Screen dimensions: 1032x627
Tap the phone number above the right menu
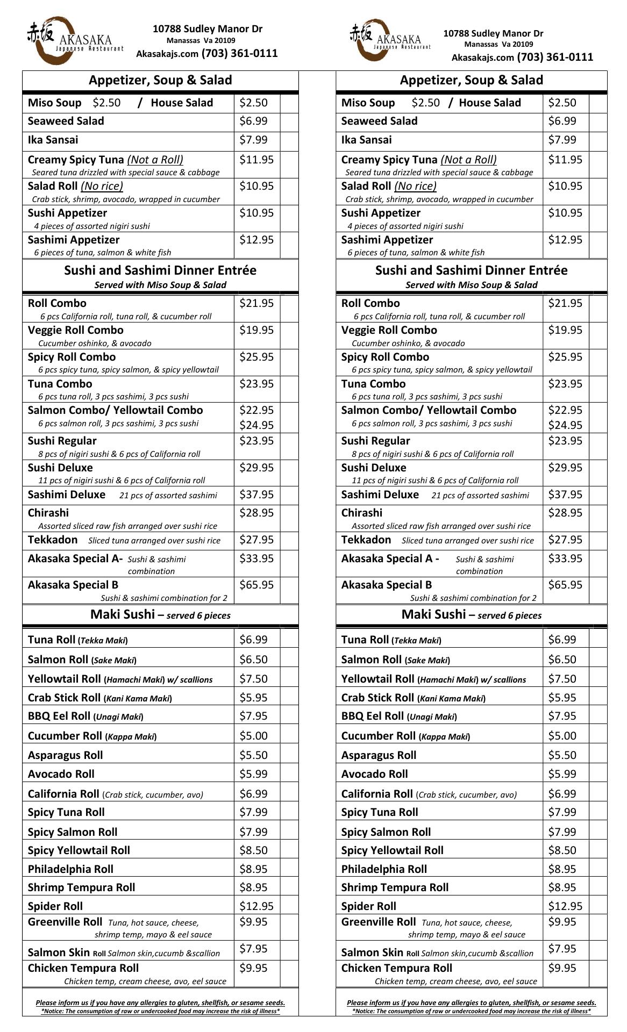coord(555,57)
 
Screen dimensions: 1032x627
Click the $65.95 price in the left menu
coord(256,585)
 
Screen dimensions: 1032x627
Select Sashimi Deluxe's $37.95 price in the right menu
coord(565,494)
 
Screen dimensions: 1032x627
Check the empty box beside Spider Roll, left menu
coord(289,906)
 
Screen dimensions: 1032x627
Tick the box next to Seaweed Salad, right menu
coord(598,121)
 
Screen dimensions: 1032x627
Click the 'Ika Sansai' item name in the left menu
coord(53,140)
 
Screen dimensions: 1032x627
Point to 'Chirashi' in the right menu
coord(362,513)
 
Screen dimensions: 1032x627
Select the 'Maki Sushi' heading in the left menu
coord(122,614)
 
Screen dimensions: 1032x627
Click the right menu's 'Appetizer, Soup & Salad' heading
coord(471,80)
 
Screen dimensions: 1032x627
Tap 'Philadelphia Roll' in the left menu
coord(70,869)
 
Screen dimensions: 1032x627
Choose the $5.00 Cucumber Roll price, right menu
coord(562,736)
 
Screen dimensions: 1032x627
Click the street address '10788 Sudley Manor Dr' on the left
coord(208,29)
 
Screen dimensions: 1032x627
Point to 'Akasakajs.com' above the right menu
coord(482,58)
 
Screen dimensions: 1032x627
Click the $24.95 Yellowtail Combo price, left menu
coord(256,425)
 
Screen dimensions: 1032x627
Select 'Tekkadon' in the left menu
coord(53,540)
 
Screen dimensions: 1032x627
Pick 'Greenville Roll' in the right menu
coord(379,922)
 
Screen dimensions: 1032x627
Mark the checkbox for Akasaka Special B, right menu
coord(598,590)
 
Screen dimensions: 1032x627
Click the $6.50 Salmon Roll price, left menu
coord(253,660)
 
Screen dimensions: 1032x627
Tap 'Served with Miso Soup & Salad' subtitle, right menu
coord(471,285)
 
